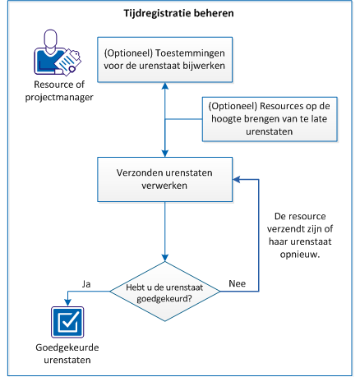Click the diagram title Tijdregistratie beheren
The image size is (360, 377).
click(x=180, y=15)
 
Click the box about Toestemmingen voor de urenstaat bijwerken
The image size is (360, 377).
click(x=165, y=59)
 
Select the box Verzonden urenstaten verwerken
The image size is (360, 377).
click(x=165, y=178)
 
